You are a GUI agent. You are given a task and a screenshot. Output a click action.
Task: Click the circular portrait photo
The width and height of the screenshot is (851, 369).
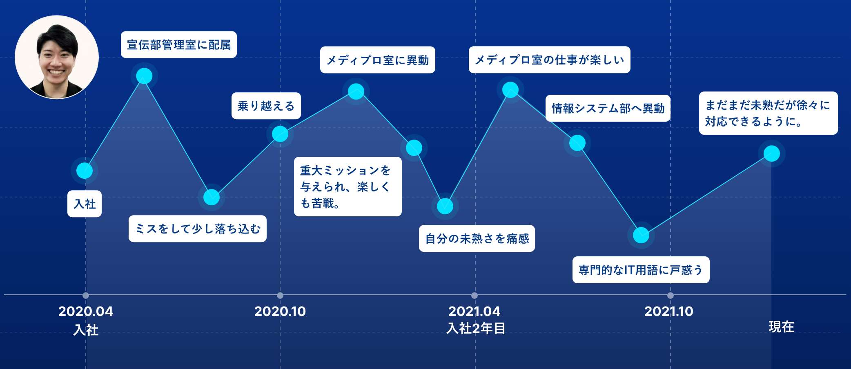point(57,57)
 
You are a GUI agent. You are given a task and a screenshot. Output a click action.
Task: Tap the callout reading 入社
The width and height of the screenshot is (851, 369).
point(85,204)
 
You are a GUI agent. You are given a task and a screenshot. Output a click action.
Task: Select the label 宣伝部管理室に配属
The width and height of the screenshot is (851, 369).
point(179,44)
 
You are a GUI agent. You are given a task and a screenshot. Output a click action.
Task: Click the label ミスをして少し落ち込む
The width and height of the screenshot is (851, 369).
point(198,229)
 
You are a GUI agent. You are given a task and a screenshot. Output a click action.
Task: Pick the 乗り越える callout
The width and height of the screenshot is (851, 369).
point(266,106)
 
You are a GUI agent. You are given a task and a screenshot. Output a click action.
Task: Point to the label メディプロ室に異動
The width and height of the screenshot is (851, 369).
point(378,60)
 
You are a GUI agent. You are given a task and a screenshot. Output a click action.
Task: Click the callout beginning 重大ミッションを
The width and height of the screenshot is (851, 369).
point(348,187)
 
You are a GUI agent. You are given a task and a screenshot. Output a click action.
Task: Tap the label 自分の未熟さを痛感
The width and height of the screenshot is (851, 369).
point(477,238)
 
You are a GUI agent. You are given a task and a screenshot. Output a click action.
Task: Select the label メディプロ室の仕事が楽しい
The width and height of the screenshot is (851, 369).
point(550,60)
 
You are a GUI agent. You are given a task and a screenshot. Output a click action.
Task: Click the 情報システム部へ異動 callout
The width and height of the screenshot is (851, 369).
point(608,108)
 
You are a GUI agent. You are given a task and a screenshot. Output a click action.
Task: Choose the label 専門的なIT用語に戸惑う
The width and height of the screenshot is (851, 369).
point(641,270)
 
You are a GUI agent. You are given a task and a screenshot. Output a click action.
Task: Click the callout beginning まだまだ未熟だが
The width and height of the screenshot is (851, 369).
point(769,113)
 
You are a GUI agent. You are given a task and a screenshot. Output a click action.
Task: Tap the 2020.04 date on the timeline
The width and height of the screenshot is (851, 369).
point(86,311)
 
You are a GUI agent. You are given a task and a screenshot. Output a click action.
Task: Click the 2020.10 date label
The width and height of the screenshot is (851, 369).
point(280,311)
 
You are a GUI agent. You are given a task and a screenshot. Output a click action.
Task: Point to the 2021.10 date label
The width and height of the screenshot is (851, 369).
point(669,311)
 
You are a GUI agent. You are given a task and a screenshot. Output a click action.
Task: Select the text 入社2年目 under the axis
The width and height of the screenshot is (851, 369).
point(476,328)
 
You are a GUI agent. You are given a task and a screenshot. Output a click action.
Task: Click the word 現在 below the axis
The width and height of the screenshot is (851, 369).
point(782,327)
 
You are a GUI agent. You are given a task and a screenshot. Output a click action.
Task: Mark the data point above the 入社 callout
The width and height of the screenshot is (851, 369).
point(85,171)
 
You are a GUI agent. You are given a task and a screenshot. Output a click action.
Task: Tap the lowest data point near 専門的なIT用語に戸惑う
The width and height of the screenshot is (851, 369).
point(641,235)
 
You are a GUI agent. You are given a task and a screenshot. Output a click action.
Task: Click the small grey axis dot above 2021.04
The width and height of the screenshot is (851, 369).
point(474,295)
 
